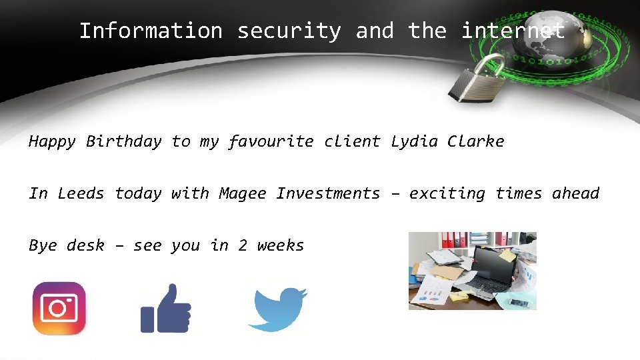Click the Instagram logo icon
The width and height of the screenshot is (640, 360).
(x=59, y=308)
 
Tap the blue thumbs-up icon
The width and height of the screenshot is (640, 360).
(x=165, y=308)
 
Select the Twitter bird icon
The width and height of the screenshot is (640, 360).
(x=277, y=309)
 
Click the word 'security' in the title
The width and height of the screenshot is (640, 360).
(x=289, y=31)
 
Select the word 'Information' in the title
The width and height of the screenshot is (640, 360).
(x=151, y=31)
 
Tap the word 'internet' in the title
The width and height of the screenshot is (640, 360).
(x=513, y=31)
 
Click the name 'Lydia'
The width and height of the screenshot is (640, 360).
(x=414, y=141)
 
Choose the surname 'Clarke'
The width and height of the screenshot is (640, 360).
(x=476, y=141)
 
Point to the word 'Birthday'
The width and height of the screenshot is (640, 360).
(x=124, y=141)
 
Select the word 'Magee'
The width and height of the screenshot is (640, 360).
(x=243, y=193)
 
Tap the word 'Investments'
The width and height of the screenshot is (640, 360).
(x=328, y=193)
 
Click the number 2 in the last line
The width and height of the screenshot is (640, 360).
(x=243, y=245)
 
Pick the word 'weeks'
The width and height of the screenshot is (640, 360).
(x=281, y=245)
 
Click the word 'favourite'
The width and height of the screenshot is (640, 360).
(x=271, y=141)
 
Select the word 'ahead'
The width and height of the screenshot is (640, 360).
(x=575, y=193)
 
